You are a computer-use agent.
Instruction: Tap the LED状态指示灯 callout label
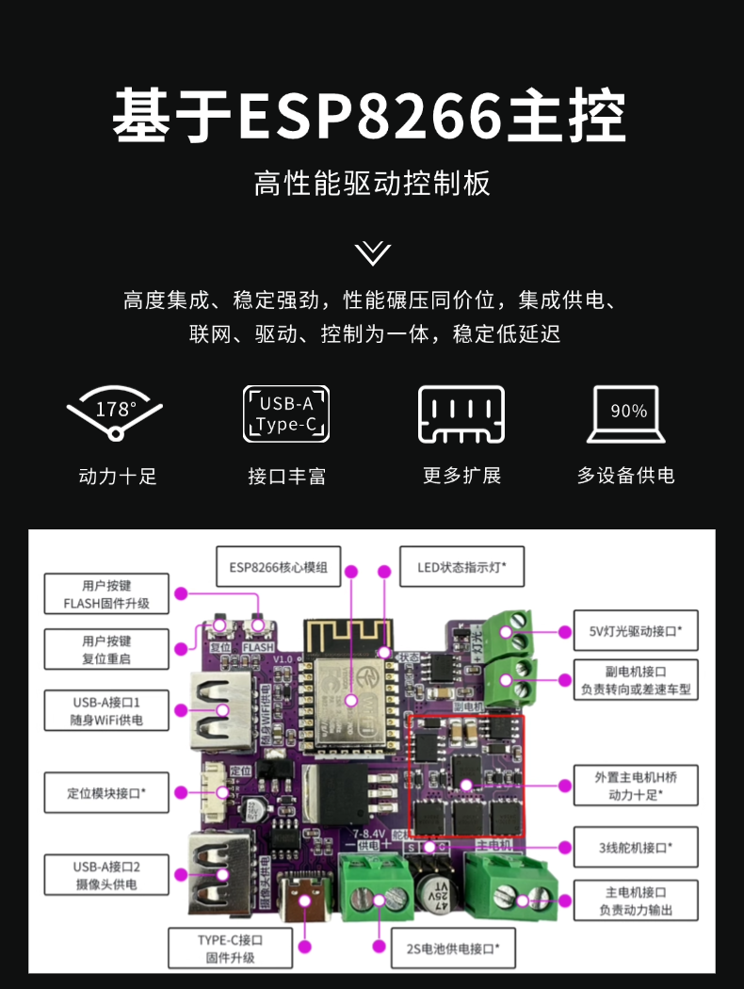pyautogui.click(x=461, y=568)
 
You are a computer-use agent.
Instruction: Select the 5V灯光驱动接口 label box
pyautogui.click(x=636, y=629)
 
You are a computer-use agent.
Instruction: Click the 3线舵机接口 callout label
pyautogui.click(x=636, y=847)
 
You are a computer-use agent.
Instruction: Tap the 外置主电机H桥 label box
pyautogui.click(x=636, y=786)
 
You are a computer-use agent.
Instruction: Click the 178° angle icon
pyautogui.click(x=116, y=413)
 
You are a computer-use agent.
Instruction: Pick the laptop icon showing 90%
pyautogui.click(x=628, y=414)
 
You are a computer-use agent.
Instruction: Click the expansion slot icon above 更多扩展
pyautogui.click(x=461, y=414)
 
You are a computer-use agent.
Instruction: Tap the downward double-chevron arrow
pyautogui.click(x=373, y=252)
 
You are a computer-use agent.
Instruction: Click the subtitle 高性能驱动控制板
pyautogui.click(x=372, y=183)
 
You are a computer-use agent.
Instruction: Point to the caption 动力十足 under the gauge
pyautogui.click(x=117, y=476)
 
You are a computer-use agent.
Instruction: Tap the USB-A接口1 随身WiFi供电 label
pyautogui.click(x=107, y=711)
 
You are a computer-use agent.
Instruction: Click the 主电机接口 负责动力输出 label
pyautogui.click(x=636, y=901)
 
